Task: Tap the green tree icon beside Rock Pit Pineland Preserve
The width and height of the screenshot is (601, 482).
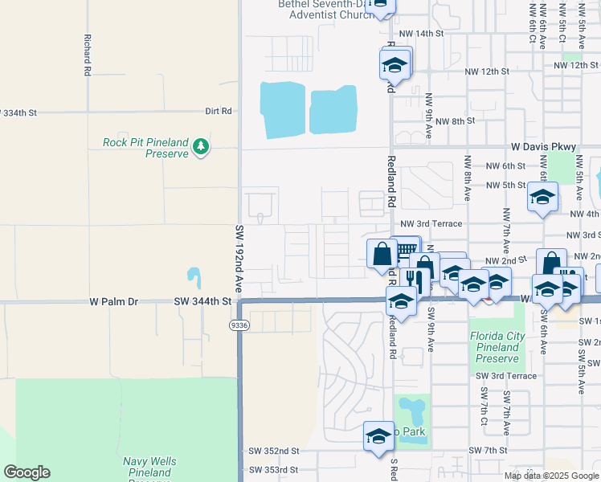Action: click(200, 146)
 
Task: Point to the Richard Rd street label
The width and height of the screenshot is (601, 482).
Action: click(87, 55)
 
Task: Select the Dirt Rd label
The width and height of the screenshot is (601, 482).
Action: click(218, 111)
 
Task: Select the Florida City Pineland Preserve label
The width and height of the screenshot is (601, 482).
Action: click(497, 347)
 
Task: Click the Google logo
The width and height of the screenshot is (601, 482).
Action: click(26, 472)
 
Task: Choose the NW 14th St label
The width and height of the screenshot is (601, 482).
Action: click(421, 34)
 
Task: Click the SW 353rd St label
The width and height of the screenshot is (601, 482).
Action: click(274, 470)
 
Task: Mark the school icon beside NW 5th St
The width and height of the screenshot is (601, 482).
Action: click(542, 196)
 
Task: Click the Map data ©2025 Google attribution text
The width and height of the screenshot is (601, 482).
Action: click(551, 476)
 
